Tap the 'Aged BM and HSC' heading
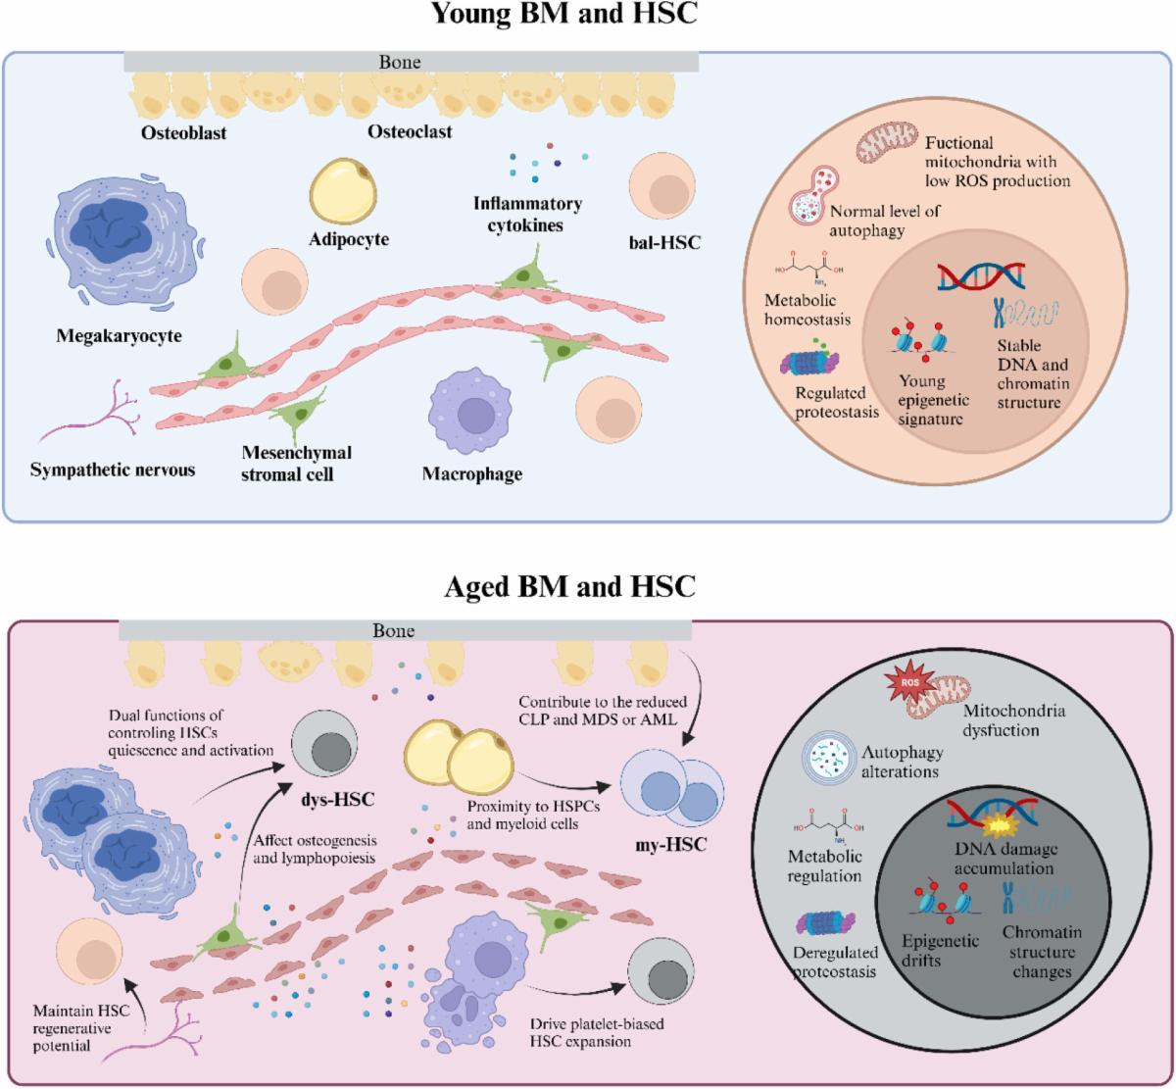(x=570, y=586)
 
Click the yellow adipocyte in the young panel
(x=343, y=192)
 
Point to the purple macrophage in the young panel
(x=472, y=414)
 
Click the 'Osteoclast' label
(x=410, y=130)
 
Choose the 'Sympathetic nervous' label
(x=113, y=470)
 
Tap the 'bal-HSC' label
(x=664, y=242)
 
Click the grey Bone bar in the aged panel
(x=405, y=631)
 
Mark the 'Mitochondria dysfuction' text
(x=1013, y=719)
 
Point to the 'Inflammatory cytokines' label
(x=527, y=214)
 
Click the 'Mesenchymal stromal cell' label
(x=296, y=463)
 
